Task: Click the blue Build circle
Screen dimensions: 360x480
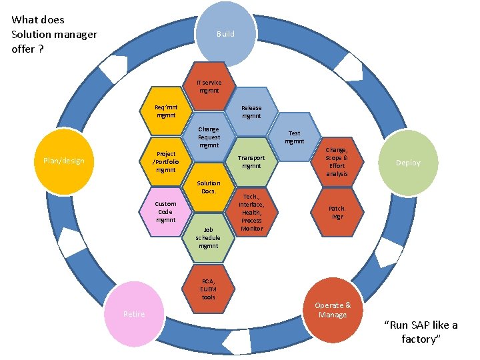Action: pyautogui.click(x=225, y=33)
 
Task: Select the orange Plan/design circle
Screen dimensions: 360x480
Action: pyautogui.click(x=64, y=161)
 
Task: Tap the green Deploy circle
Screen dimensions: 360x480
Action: pyautogui.click(x=407, y=163)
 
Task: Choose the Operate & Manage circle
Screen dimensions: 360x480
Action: pyautogui.click(x=333, y=309)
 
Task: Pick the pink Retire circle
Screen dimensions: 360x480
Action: pyautogui.click(x=134, y=314)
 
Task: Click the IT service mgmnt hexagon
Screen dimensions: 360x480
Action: pyautogui.click(x=209, y=87)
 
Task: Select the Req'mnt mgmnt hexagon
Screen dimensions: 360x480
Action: pyautogui.click(x=165, y=111)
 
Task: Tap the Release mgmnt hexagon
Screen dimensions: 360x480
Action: pyautogui.click(x=251, y=111)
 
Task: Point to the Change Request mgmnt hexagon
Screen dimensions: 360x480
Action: pyautogui.click(x=209, y=137)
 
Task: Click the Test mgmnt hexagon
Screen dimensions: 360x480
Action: pyautogui.click(x=294, y=137)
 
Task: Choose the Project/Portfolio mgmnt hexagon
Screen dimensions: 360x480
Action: pyautogui.click(x=165, y=161)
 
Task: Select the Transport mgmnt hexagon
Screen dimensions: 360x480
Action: pyautogui.click(x=251, y=162)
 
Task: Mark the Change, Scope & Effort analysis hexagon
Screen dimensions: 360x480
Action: pyautogui.click(x=337, y=162)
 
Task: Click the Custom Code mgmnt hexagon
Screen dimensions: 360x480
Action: pyautogui.click(x=165, y=211)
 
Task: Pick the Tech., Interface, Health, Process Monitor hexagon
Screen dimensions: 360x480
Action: pyautogui.click(x=251, y=212)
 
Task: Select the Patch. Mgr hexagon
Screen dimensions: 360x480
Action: pyautogui.click(x=337, y=212)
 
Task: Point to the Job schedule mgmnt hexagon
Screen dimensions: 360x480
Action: pyautogui.click(x=209, y=237)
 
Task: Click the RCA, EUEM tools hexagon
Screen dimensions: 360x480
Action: pyautogui.click(x=209, y=288)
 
